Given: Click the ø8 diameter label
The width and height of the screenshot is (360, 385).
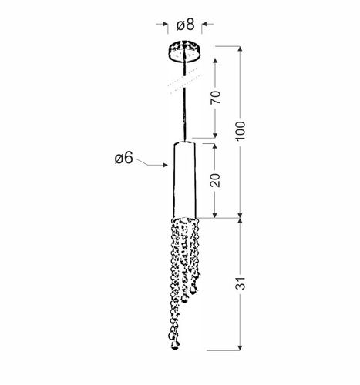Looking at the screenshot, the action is [x=185, y=25].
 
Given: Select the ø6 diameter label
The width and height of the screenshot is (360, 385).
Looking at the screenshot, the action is [x=124, y=158].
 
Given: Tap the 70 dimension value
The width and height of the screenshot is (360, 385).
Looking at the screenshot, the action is [x=216, y=97].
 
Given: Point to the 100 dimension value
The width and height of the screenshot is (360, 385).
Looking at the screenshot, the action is [x=241, y=131].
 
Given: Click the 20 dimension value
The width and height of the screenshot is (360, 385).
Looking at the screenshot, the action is [x=215, y=180].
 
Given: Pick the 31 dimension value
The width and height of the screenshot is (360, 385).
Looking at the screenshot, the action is [x=241, y=283].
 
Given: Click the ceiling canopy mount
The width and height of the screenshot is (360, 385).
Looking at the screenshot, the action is [x=184, y=51].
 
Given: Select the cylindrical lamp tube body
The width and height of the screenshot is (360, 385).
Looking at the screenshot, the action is [x=184, y=179].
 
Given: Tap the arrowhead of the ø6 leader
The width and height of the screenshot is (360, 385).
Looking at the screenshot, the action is [x=166, y=165].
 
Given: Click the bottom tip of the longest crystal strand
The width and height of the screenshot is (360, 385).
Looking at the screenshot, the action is [x=175, y=347].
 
